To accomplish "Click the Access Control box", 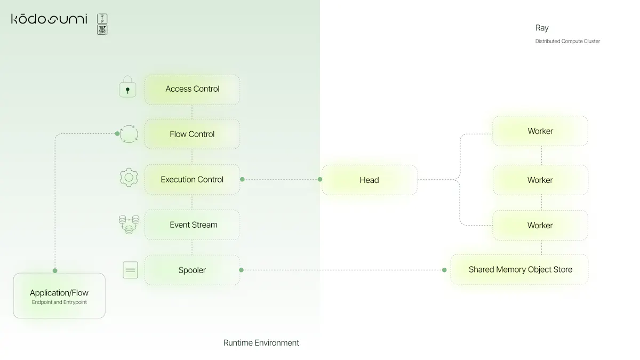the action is click(x=192, y=90).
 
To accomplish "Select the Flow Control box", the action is click(x=192, y=134).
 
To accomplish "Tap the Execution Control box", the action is click(x=192, y=179).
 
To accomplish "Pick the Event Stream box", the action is click(x=192, y=225).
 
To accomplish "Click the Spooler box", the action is click(x=192, y=270).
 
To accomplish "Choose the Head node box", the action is click(x=370, y=180).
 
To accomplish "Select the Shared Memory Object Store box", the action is click(x=519, y=269).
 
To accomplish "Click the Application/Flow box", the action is click(x=59, y=295).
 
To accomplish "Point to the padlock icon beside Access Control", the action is click(x=127, y=86).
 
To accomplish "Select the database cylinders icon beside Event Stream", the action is click(x=129, y=225).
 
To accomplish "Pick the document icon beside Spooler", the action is click(x=130, y=270).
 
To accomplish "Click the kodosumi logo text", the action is click(x=49, y=19).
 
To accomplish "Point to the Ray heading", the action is click(x=542, y=28).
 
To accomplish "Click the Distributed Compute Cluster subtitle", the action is click(x=567, y=41).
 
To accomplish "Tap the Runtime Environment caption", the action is click(x=261, y=343).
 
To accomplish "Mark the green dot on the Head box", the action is click(x=320, y=179).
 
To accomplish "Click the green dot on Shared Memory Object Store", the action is click(x=444, y=270).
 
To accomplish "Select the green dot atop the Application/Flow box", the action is click(x=55, y=270).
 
